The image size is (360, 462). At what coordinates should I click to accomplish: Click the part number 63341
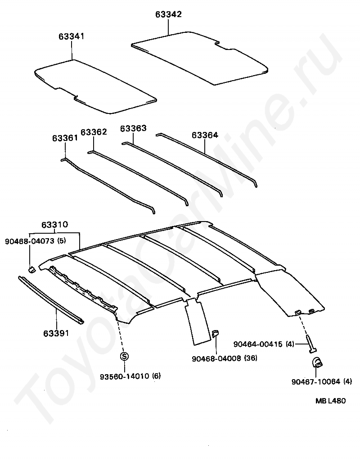(x=71, y=36)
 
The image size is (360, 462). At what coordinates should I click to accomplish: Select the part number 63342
(x=168, y=14)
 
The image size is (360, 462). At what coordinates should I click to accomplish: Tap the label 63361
(x=65, y=138)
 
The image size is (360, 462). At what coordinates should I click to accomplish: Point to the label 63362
(x=94, y=132)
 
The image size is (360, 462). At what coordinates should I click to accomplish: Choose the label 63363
(x=133, y=128)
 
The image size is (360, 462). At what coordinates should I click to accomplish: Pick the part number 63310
(x=54, y=224)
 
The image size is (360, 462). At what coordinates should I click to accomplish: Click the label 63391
(x=56, y=333)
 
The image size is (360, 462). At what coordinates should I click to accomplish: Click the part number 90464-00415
(x=257, y=344)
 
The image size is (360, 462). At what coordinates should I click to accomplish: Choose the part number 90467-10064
(x=315, y=382)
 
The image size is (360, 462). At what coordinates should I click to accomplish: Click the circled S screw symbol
(x=125, y=356)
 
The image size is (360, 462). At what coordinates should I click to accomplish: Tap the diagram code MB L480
(x=330, y=401)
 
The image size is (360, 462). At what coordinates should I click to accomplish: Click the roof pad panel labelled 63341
(x=94, y=86)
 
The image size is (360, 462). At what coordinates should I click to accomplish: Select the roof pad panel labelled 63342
(x=200, y=56)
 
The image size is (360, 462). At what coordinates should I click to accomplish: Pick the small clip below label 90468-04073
(x=32, y=269)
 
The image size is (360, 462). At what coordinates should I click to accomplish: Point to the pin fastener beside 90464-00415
(x=310, y=343)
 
